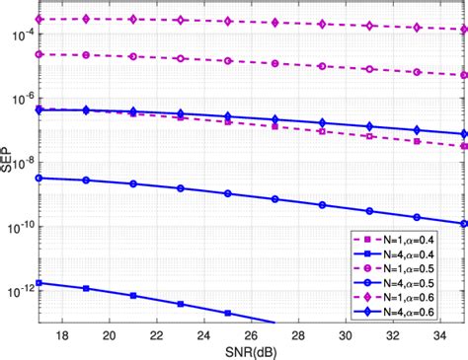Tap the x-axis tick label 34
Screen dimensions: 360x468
[x=439, y=335]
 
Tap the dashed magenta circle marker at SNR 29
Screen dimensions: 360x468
[x=322, y=67]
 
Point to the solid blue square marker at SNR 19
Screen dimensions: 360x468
[x=85, y=289]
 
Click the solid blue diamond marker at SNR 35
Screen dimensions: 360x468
[x=463, y=134]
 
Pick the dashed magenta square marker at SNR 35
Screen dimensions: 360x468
[x=463, y=146]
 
